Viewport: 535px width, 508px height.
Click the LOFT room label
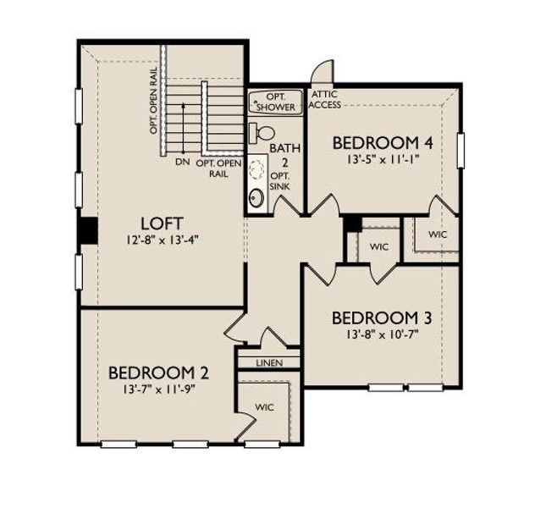162,224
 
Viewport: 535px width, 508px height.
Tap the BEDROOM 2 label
159,373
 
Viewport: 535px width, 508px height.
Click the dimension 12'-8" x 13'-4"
161,240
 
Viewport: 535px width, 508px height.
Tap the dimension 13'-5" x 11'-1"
383,157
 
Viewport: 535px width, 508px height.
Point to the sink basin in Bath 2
256,199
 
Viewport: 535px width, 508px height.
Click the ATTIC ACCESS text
326,99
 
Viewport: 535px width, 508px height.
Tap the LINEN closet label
266,363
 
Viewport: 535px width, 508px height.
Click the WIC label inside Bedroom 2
266,407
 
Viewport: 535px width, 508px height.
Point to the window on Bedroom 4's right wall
461,150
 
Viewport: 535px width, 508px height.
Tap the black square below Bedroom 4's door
353,223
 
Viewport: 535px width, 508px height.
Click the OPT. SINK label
279,179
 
